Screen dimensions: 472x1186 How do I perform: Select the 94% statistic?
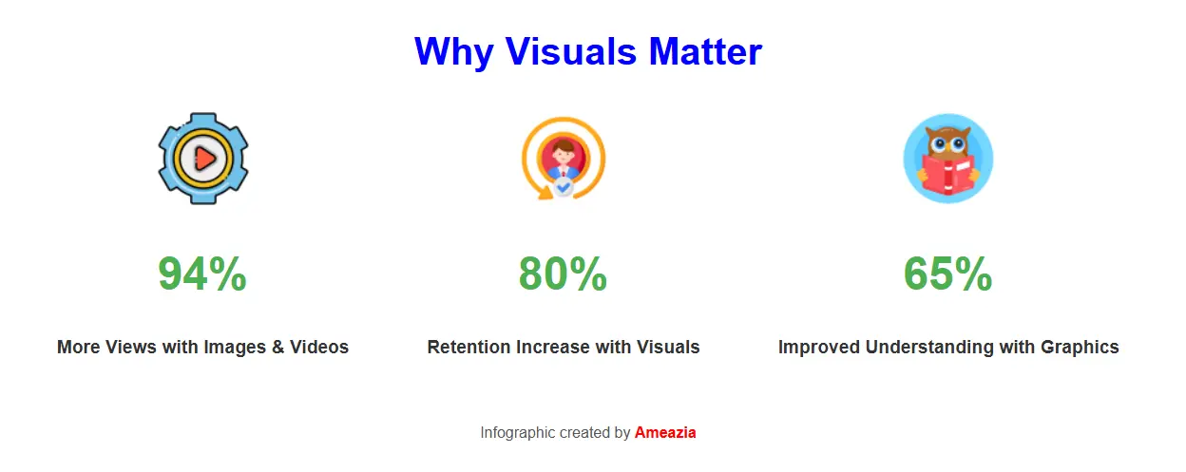coord(202,274)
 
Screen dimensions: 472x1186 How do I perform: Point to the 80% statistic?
coord(563,274)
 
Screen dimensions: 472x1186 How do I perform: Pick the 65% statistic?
coord(947,274)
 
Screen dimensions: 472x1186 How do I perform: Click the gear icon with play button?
coord(202,158)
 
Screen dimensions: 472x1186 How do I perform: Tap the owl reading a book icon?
coord(947,158)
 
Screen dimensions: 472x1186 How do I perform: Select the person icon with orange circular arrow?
coord(563,158)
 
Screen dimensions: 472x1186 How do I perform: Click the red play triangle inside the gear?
coord(204,158)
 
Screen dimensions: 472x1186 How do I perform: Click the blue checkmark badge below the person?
coord(564,188)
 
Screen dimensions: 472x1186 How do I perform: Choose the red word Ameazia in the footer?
coord(665,433)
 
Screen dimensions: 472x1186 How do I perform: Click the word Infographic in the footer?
coord(517,433)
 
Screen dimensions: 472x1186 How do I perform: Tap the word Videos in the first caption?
coord(319,348)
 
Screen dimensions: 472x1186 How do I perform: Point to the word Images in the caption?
coord(235,348)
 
